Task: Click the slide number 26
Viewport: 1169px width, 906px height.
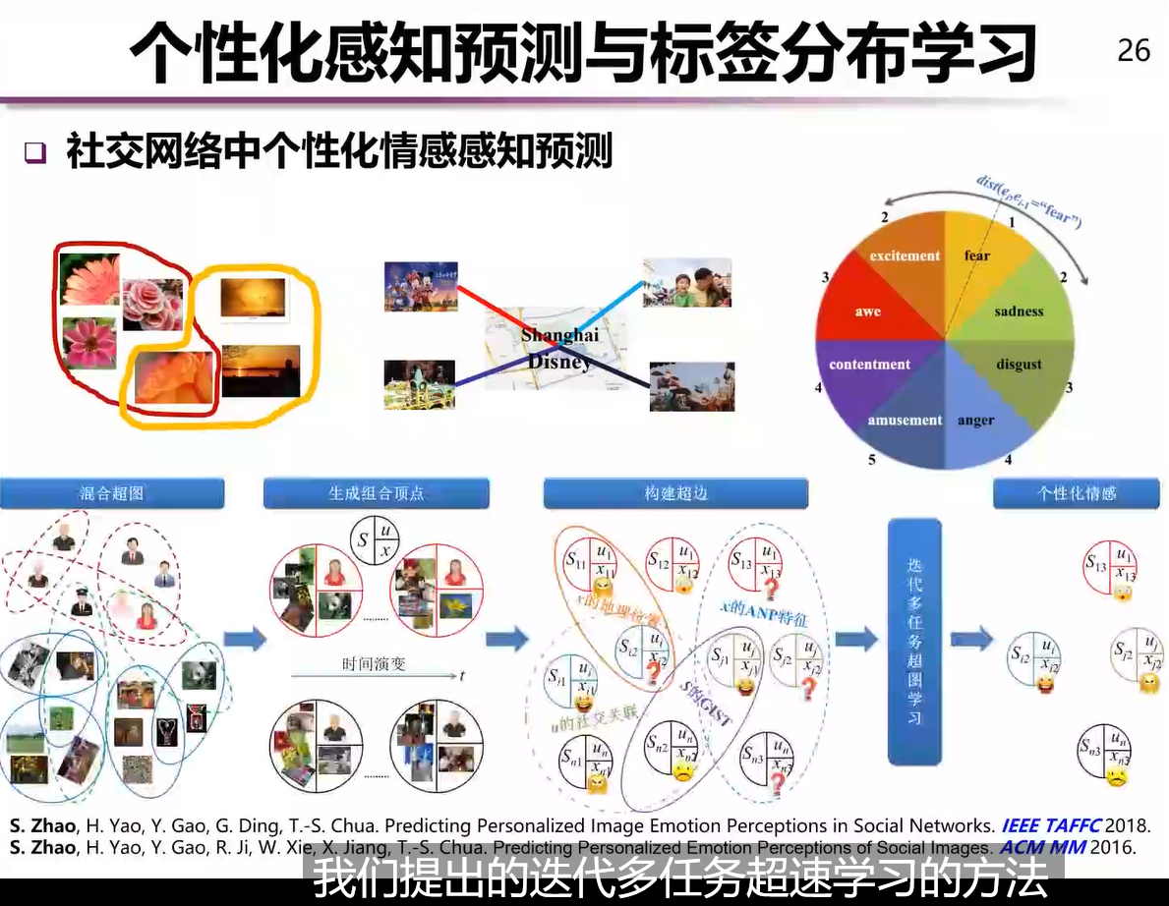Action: point(1134,50)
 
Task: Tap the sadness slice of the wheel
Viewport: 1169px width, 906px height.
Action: point(1019,311)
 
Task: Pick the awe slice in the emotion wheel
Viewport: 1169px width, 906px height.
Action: point(867,311)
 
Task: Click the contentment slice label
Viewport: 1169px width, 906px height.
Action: point(869,365)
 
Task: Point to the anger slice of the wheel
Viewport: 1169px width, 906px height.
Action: point(975,421)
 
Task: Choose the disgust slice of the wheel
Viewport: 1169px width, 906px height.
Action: point(1019,365)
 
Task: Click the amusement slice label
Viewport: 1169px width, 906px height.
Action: point(905,421)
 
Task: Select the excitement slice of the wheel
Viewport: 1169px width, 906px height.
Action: point(905,256)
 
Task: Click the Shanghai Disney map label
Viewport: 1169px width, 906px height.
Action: point(559,349)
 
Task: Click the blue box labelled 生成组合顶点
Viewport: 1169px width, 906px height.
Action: point(376,493)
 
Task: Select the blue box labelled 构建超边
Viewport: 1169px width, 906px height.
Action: point(675,493)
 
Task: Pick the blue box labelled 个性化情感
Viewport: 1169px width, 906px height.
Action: point(1078,493)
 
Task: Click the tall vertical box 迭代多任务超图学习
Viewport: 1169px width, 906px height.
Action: point(914,642)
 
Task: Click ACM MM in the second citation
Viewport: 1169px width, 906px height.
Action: point(1038,847)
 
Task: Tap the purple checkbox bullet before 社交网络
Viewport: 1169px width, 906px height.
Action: point(36,153)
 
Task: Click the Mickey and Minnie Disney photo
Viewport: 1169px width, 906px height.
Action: point(421,286)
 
